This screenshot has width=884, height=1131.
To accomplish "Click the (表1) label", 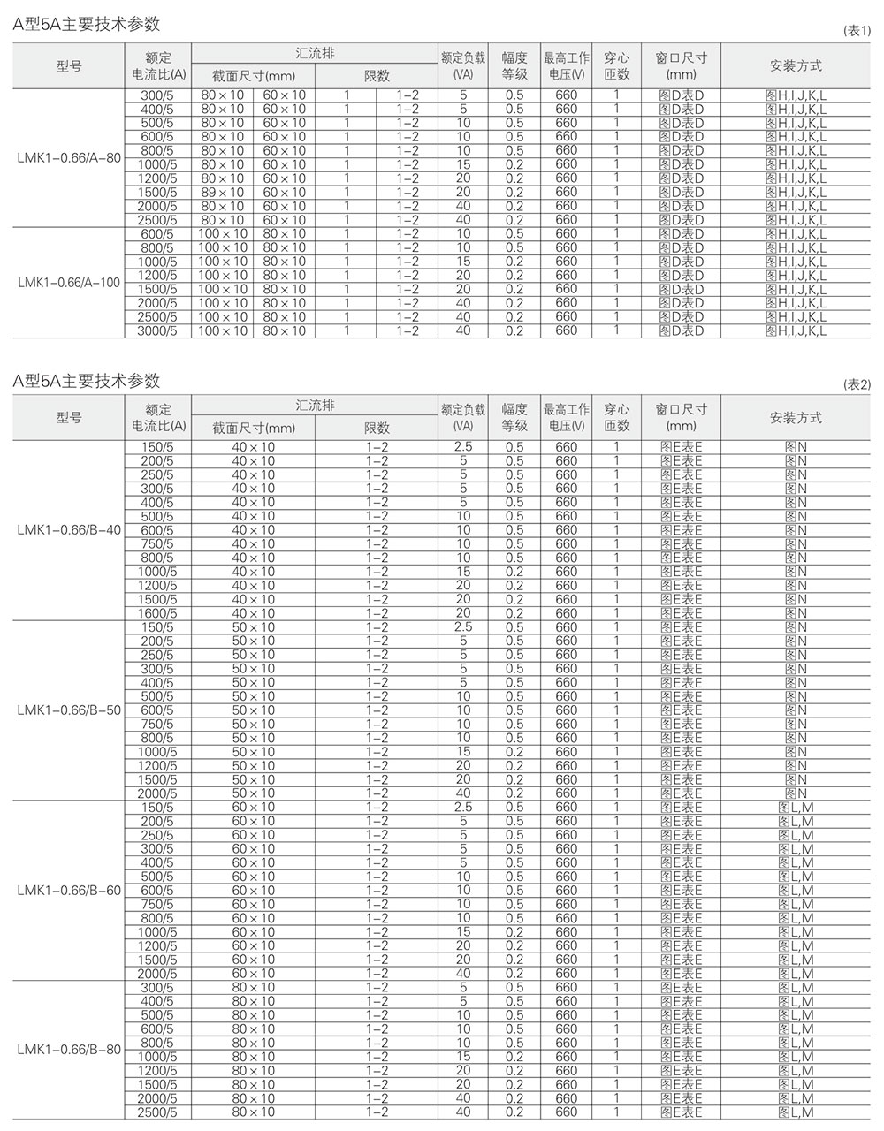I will pos(857,31).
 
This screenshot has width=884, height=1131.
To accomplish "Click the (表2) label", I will pos(857,384).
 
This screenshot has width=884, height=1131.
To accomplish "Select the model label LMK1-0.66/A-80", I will pos(69,157).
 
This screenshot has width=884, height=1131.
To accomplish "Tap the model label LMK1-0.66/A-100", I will pos(69,282).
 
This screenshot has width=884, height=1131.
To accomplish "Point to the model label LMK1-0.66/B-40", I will pos(69,530).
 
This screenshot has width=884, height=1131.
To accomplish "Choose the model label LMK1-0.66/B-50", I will pos(69,710).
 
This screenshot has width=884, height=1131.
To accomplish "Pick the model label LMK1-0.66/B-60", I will pos(69,891).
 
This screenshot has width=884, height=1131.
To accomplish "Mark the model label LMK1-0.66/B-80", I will pos(69,1050).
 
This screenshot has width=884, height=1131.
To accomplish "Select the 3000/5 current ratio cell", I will pos(158,330).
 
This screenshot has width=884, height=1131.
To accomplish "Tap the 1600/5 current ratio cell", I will pos(158,613).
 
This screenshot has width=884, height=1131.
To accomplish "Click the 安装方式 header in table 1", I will pos(796,65).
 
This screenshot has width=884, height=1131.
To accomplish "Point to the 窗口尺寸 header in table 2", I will pos(682,417).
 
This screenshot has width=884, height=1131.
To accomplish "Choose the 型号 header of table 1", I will pos(69,65).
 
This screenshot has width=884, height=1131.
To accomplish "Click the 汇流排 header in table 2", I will pos(315,406).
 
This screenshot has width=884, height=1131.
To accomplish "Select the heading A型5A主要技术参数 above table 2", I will pos(87,381).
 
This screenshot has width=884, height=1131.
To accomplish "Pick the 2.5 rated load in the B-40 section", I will pos(463,447).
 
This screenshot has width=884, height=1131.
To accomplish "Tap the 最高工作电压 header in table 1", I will pos(566,65).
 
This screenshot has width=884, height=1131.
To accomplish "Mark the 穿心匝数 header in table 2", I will pos(616,417).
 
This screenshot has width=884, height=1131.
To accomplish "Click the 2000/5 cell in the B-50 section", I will pos(158,793).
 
